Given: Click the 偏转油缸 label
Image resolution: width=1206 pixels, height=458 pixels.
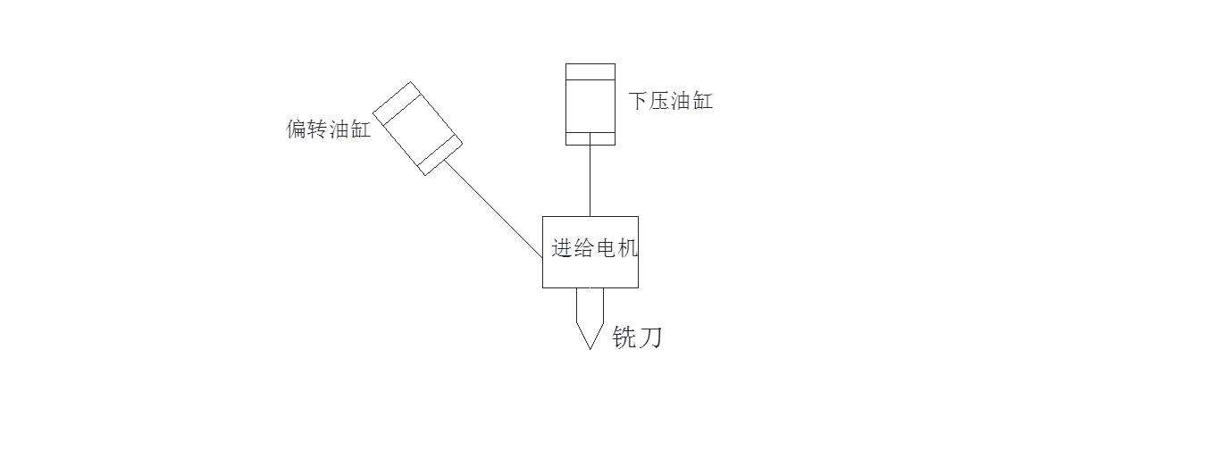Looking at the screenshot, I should point(328,130).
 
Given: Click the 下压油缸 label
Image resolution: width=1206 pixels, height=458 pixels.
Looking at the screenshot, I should point(670,101).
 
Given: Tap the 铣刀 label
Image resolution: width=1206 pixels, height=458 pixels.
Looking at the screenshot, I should point(637,337).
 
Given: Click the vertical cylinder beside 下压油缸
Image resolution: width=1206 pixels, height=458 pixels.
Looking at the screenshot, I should point(590,105).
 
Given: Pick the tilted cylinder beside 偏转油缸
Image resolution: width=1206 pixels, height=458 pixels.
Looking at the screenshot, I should point(417,128).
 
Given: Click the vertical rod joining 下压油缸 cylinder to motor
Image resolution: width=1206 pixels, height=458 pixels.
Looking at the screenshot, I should point(590,180).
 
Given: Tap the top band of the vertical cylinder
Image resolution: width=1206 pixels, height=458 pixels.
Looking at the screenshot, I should point(590,71).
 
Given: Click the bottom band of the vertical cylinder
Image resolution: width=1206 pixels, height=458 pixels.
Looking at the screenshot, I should point(590,137).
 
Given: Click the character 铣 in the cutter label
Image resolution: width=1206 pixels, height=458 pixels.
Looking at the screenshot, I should point(624,337).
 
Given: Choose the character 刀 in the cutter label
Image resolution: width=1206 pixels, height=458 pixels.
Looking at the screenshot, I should point(649,337).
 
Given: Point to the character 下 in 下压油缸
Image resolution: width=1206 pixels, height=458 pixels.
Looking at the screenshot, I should point(637,101).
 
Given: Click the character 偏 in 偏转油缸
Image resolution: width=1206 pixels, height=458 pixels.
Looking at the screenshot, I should point(296,130).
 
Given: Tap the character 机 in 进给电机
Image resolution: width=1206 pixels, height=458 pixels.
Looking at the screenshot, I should point(628,248).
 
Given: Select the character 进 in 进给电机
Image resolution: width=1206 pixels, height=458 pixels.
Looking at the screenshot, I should point(562,248).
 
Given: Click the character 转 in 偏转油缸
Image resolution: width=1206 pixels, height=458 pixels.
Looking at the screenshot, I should point(317,130).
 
